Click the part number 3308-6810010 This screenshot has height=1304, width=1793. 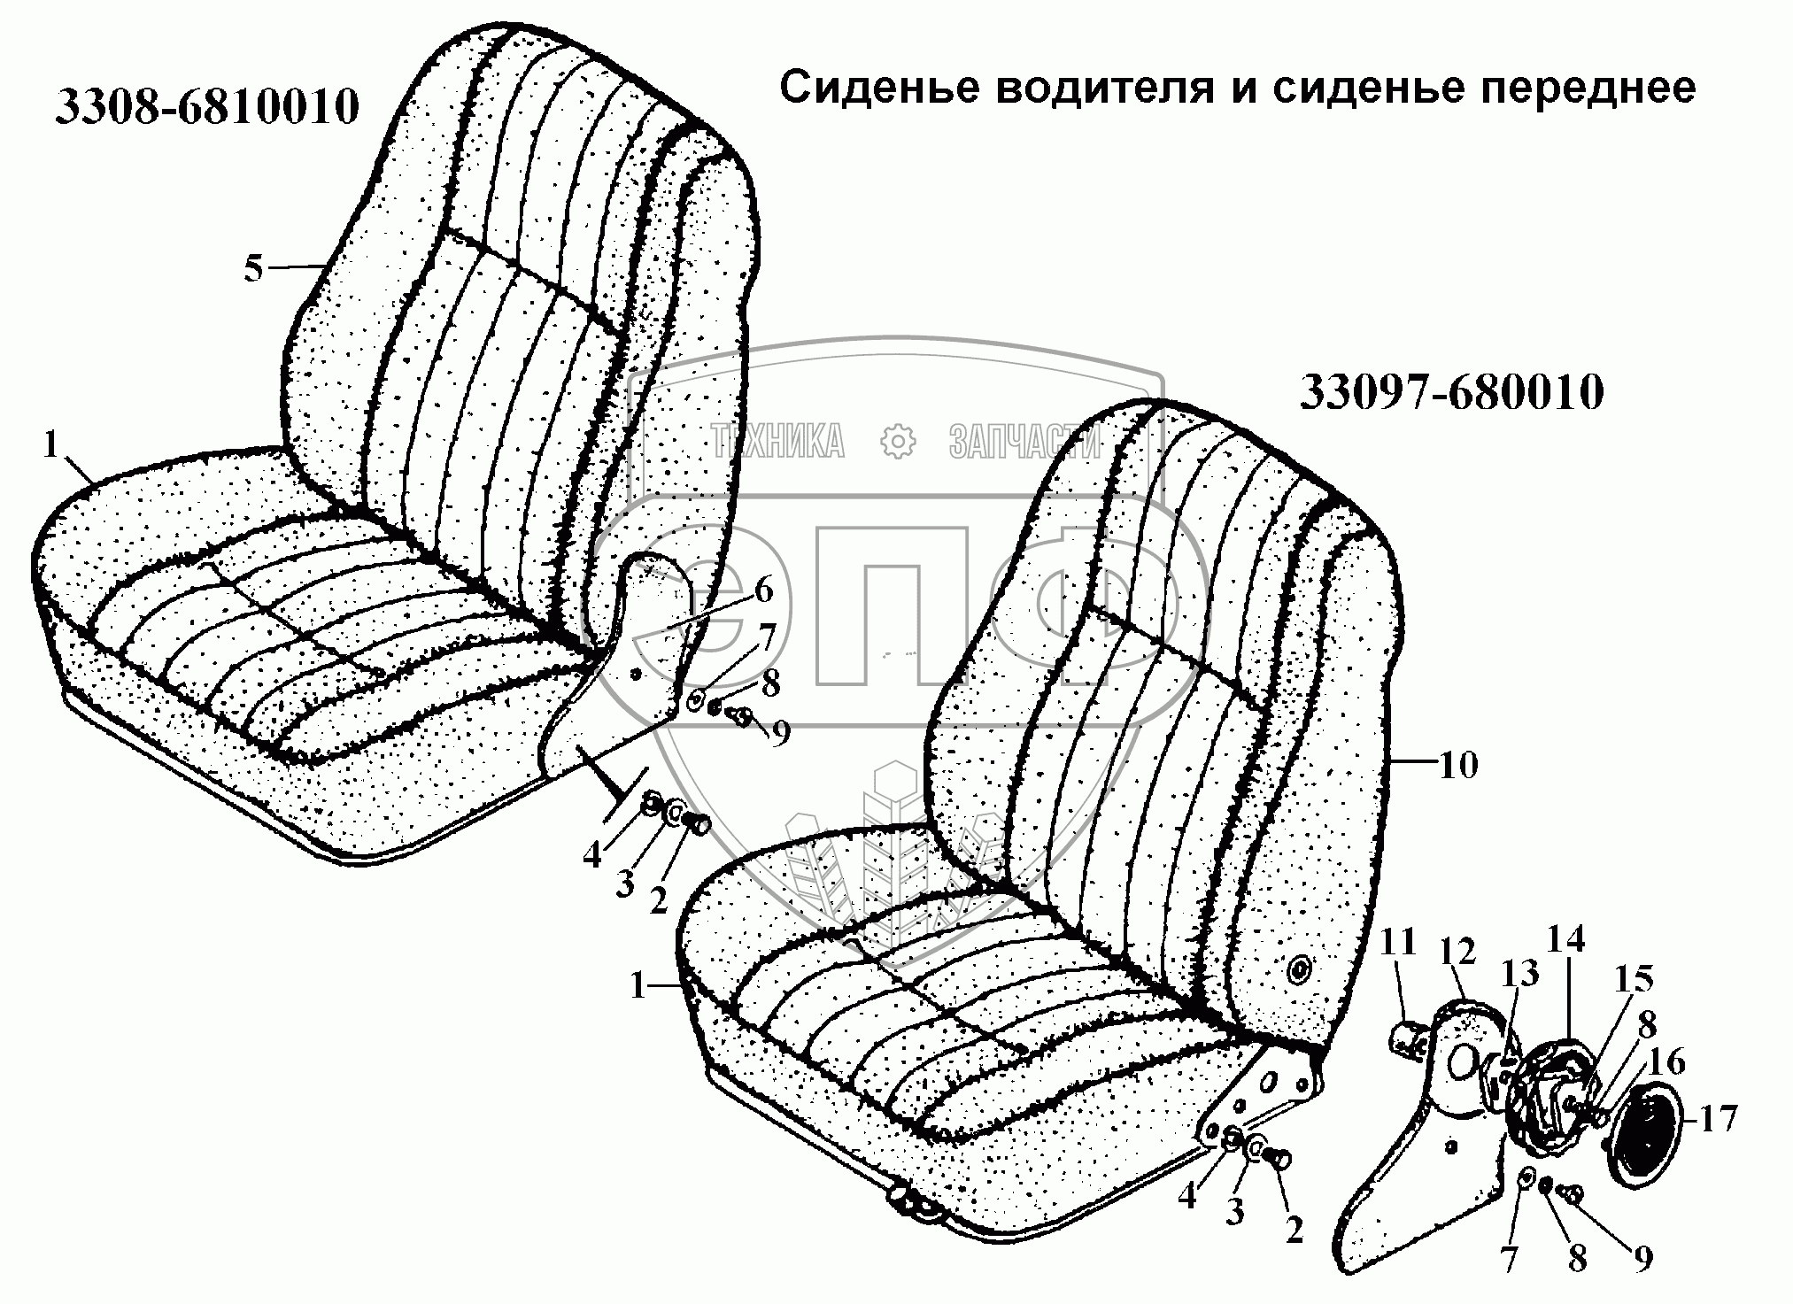(x=207, y=107)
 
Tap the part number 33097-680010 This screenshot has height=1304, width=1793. (x=1451, y=393)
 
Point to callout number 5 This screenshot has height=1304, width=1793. (x=254, y=268)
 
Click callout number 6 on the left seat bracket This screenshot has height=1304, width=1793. (x=763, y=590)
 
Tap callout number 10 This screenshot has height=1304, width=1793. (x=1458, y=764)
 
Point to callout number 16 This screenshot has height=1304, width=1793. (x=1667, y=1061)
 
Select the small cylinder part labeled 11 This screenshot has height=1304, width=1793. (x=1408, y=1037)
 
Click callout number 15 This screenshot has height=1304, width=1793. (x=1633, y=980)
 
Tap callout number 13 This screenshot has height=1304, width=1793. (x=1519, y=974)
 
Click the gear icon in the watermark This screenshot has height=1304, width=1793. (x=897, y=441)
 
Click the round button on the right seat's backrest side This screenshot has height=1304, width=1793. (x=1299, y=972)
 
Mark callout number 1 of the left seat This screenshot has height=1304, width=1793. (x=50, y=445)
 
